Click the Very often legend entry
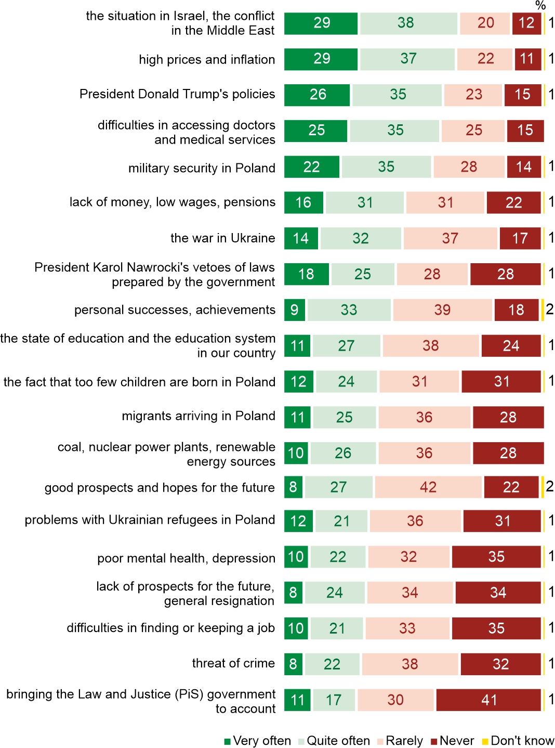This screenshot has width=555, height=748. [257, 741]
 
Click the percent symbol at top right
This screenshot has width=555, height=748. [540, 6]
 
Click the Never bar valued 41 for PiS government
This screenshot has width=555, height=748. [488, 700]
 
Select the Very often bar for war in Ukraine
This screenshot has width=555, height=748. [301, 238]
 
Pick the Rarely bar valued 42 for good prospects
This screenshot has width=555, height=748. [428, 487]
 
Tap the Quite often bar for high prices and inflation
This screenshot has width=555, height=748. [408, 59]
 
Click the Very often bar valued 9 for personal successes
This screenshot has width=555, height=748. [295, 310]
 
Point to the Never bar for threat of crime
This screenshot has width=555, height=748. [500, 664]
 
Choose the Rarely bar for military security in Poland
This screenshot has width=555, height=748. [469, 167]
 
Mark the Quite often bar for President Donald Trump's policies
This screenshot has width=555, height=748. [398, 95]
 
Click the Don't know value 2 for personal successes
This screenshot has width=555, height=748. [550, 309]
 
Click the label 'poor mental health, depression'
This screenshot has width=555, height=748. [186, 558]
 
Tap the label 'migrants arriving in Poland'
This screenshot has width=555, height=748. [198, 416]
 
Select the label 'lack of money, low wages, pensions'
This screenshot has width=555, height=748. [172, 202]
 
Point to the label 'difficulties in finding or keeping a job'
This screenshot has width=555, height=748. [170, 628]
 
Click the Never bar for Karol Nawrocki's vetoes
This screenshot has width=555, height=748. [505, 274]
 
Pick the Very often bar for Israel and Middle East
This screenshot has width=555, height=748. [321, 23]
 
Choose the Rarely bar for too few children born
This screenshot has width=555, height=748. [419, 382]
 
